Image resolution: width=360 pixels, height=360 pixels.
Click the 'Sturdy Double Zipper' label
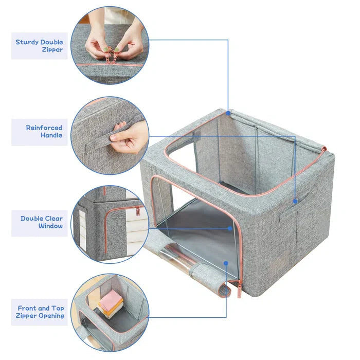[40, 46]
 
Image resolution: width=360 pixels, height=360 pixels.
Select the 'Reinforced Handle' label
[44, 131]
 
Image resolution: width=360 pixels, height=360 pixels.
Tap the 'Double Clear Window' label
[42, 222]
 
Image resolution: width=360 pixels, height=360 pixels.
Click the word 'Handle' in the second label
[51, 135]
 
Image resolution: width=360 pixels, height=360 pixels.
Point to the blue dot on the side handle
[295, 201]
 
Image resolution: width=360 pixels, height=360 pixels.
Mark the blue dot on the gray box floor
[229, 228]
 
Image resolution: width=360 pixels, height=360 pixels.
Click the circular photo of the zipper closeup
[110, 45]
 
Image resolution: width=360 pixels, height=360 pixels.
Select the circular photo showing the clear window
[110, 224]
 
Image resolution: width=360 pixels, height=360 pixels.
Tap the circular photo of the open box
[110, 312]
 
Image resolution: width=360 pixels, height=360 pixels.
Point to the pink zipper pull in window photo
[136, 211]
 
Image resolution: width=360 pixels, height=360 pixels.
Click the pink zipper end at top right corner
[323, 150]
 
